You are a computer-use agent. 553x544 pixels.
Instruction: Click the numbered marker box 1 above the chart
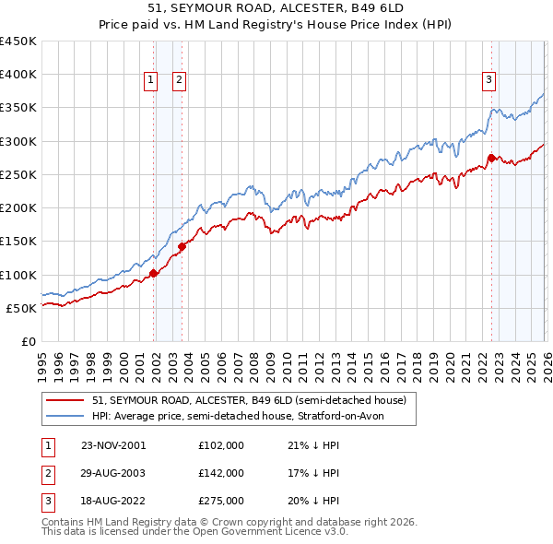pyautogui.click(x=149, y=80)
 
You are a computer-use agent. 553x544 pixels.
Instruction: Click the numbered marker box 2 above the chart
pyautogui.click(x=178, y=80)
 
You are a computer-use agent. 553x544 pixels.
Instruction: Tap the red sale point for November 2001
pyautogui.click(x=154, y=272)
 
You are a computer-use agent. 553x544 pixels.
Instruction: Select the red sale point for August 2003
pyautogui.click(x=182, y=245)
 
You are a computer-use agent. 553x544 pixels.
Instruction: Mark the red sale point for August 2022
pyautogui.click(x=491, y=158)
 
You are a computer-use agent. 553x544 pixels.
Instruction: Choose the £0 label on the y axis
pyautogui.click(x=29, y=341)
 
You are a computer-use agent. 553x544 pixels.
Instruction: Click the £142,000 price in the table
pyautogui.click(x=221, y=473)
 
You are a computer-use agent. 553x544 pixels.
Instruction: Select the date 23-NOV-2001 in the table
pyautogui.click(x=112, y=445)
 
